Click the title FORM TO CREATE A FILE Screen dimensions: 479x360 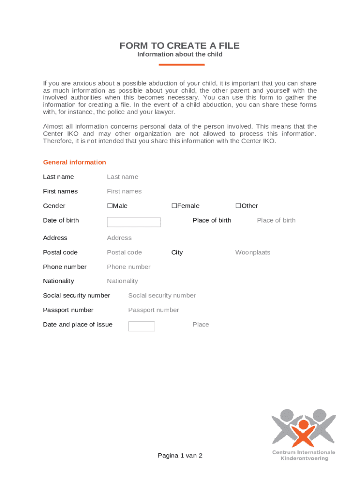(x=180, y=45)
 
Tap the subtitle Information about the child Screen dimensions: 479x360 (x=180, y=54)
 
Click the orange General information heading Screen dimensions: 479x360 (x=74, y=162)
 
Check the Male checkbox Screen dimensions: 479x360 (x=110, y=206)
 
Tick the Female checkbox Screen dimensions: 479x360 (x=174, y=206)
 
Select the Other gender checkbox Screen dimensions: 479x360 (x=238, y=206)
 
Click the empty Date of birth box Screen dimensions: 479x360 (x=134, y=222)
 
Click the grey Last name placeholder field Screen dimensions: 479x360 (x=122, y=177)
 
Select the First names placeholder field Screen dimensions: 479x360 (x=124, y=191)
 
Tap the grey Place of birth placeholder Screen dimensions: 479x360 (x=276, y=220)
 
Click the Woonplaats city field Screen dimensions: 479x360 (x=252, y=253)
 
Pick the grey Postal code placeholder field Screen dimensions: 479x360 (x=124, y=253)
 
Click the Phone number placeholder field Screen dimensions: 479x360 (x=129, y=267)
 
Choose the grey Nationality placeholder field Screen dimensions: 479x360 (x=122, y=281)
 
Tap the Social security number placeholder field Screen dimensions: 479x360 (x=162, y=296)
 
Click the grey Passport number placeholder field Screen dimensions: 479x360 (x=153, y=310)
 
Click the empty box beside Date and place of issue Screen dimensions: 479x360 (x=141, y=326)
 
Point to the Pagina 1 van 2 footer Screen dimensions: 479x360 (x=180, y=456)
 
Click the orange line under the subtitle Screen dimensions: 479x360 (x=180, y=65)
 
